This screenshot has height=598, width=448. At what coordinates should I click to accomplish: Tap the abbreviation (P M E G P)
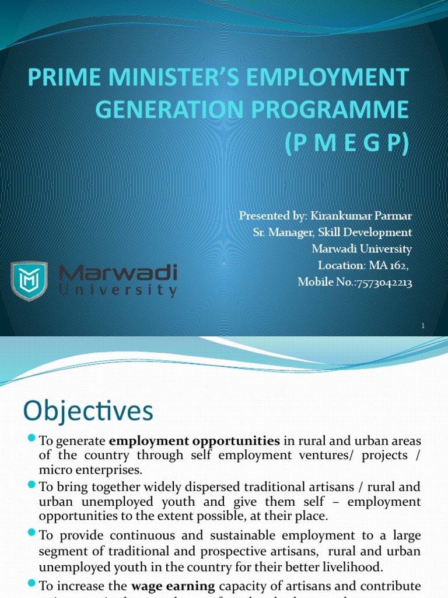click(x=346, y=142)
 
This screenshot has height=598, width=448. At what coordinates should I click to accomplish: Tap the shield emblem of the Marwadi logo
click(x=29, y=281)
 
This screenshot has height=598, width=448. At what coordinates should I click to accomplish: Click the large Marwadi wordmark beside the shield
click(x=117, y=273)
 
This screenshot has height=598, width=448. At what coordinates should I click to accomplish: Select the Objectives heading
click(x=88, y=411)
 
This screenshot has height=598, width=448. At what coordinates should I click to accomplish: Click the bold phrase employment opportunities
click(x=194, y=440)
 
